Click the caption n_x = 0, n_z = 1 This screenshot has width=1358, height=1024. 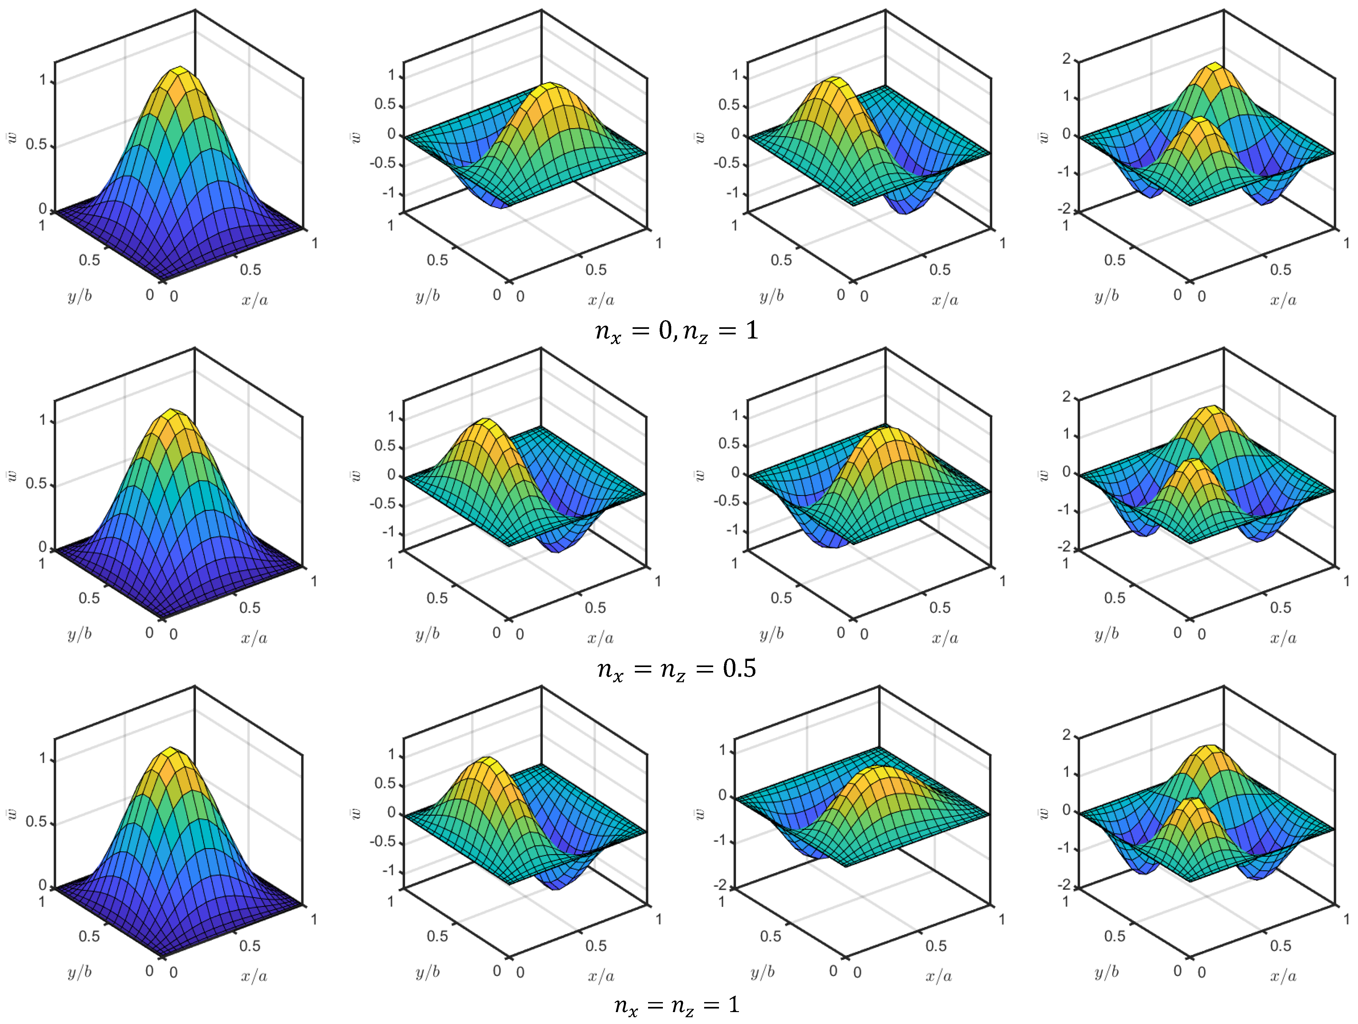coord(676,331)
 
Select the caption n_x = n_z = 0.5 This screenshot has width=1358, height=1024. coord(676,668)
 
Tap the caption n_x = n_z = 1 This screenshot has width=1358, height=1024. coord(676,1005)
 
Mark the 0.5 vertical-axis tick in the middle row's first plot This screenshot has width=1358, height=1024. coord(35,484)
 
